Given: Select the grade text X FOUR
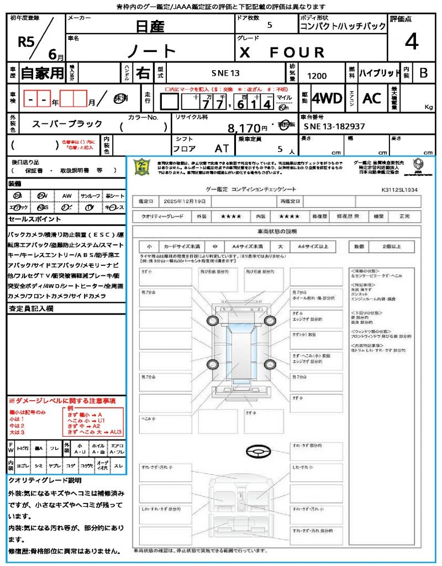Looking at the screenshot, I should pos(281,52).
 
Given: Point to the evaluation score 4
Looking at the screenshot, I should pos(411,41).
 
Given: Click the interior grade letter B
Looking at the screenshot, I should pos(423,72).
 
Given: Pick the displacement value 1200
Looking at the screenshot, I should pos(317,76).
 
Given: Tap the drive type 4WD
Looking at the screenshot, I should pos(327,98).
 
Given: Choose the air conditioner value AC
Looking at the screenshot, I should pos(372,98).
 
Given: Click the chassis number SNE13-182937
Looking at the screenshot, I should pos(334,127).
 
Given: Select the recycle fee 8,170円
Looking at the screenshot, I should pos(248,129).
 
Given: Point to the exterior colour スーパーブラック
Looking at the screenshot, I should pos(67,124).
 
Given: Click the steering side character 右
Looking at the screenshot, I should pos(143,73).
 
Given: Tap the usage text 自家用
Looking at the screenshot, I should pos(42,73).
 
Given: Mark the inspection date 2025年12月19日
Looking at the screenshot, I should pos(187,201).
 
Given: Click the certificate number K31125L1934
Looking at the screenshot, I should pos(399,189).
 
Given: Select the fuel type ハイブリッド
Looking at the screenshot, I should pos(380,72).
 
